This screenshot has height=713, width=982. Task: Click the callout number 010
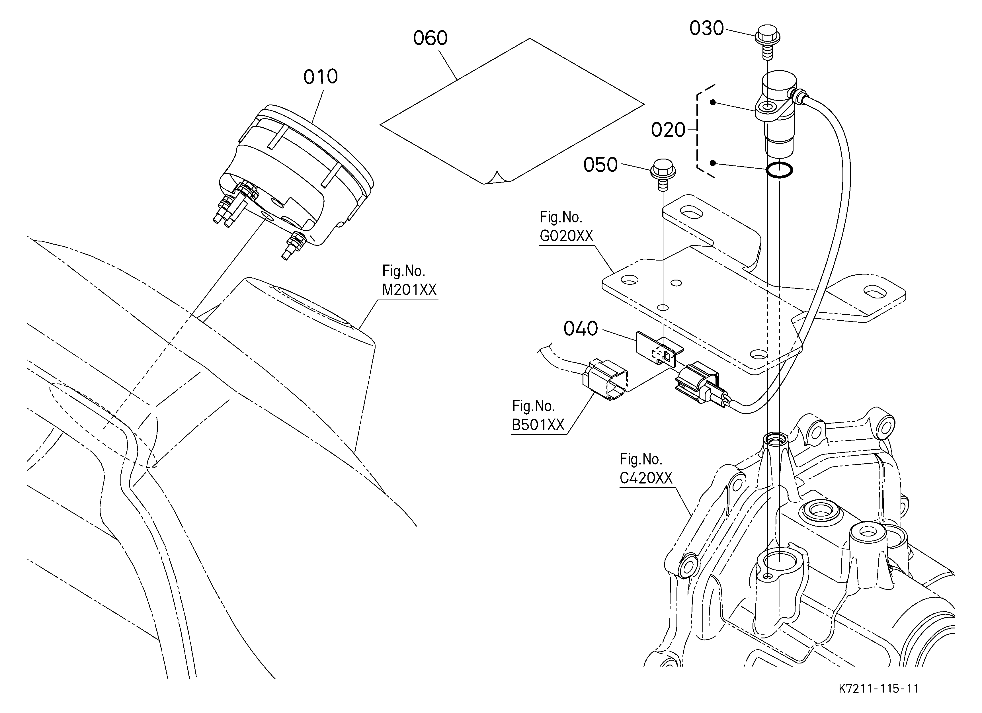[320, 77]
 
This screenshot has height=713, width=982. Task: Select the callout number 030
[707, 28]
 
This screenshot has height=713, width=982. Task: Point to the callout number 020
[668, 130]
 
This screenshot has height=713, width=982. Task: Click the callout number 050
[600, 165]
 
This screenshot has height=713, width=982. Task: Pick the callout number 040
[581, 329]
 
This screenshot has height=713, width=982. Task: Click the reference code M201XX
[409, 290]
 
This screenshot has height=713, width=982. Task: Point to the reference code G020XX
[566, 236]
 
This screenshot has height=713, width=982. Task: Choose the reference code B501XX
[538, 425]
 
